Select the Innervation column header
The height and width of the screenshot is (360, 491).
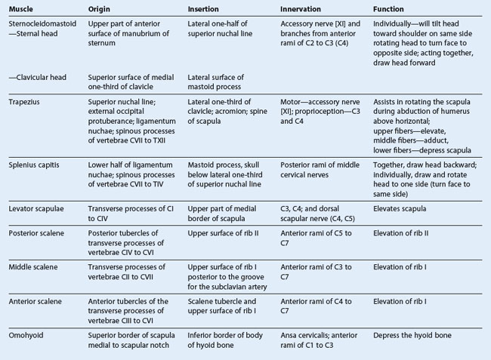301,9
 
